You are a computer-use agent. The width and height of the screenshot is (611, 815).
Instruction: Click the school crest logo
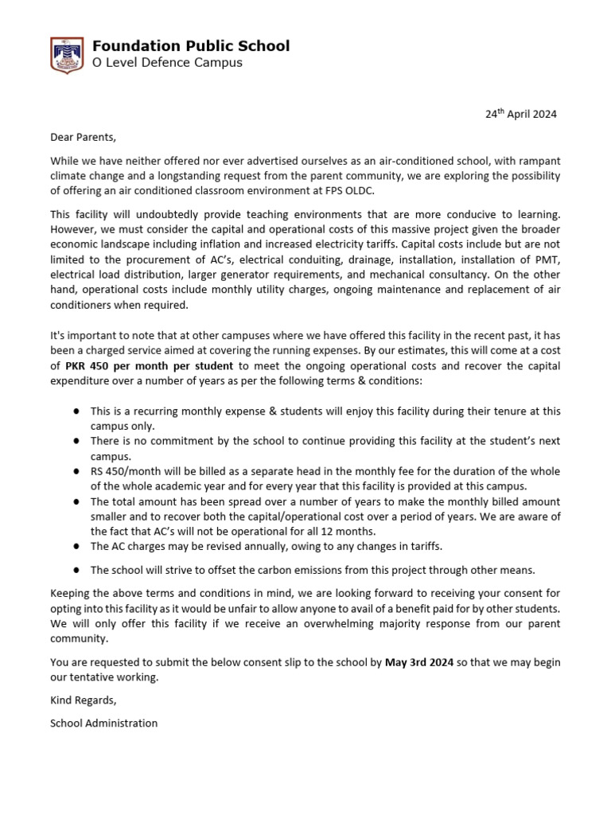[64, 55]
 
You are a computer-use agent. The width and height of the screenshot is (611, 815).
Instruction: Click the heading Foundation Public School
[191, 46]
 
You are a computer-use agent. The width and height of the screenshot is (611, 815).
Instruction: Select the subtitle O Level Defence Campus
[167, 63]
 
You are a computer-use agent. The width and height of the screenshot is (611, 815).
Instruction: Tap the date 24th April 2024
[521, 114]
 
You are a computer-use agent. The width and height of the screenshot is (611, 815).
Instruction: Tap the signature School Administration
[103, 723]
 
